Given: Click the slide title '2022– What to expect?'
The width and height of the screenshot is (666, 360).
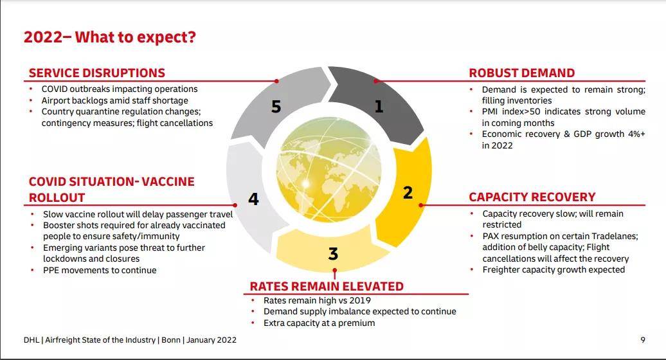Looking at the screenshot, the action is coord(109,37).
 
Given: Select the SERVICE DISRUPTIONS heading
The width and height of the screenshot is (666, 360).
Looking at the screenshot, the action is coord(97,73).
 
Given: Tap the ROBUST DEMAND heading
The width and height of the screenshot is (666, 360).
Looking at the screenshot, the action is coord(521,73).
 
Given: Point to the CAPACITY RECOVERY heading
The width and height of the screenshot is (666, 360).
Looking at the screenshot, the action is coord(532,197).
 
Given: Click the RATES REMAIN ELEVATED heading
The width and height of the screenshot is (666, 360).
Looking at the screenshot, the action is coord(327,286).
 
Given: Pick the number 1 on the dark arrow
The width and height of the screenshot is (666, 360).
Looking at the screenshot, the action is coord(379,106).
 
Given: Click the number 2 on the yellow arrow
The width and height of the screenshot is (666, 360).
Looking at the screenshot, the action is coord(408,193).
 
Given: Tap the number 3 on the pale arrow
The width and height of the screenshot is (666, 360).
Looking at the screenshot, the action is coord(333,254).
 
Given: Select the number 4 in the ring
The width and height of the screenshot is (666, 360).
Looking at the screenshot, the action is coord(253,199).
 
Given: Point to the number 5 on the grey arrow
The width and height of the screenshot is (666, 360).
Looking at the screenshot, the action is coord(276,107).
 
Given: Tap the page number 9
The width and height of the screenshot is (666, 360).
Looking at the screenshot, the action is coord(643,339).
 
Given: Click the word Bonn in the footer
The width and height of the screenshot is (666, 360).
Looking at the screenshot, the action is coord(171,339).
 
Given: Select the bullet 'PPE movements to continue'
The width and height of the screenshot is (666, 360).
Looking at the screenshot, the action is coord(100,270).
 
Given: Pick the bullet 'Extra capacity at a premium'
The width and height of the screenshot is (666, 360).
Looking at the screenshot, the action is coord(319,323).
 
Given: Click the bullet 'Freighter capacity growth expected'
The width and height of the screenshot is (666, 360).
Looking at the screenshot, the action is coord(553,269).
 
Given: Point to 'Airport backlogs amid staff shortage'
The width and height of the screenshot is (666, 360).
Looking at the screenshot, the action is coord(114,101).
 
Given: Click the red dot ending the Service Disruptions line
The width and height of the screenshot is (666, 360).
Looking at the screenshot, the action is coord(276,80).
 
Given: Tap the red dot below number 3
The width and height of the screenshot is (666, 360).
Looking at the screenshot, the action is coord(335,270).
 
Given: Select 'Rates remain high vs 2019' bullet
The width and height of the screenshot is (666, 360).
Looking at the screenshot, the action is coord(317,300).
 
